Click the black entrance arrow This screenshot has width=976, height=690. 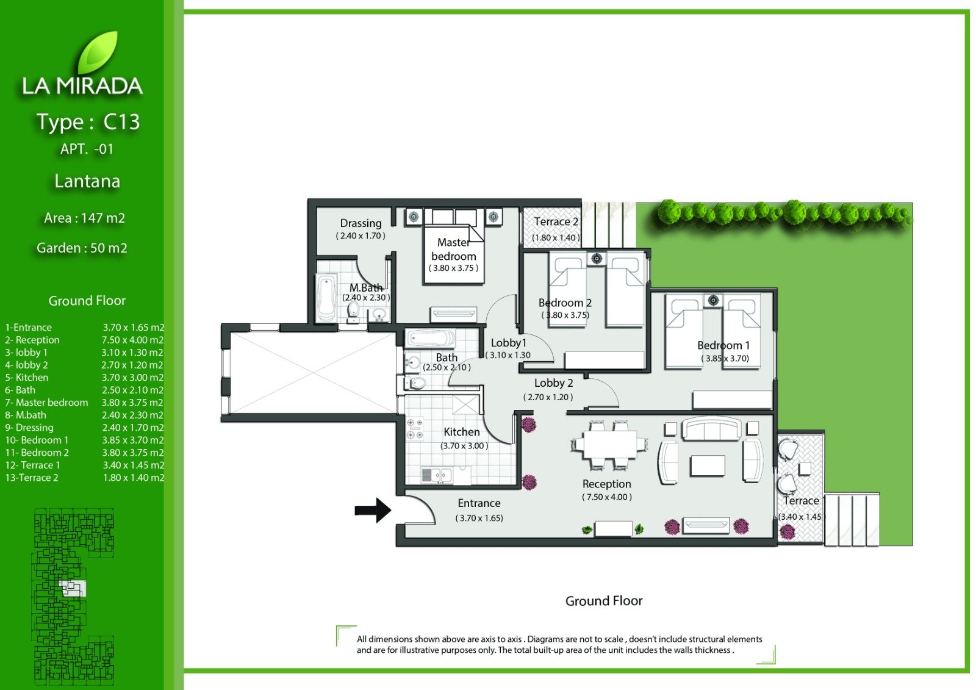tap(373, 510)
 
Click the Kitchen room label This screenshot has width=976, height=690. tap(461, 432)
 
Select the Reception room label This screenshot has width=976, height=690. tap(606, 484)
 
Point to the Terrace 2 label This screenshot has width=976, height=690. tap(556, 222)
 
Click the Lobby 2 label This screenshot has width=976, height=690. tap(553, 383)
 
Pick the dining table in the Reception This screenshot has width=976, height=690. tap(609, 445)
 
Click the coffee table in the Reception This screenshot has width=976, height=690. tap(707, 465)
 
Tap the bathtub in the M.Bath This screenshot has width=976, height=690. tap(326, 298)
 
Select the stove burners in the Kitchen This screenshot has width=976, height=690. tap(414, 428)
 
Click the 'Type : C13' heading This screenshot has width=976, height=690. tap(88, 121)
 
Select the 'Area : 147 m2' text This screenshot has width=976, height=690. tap(85, 218)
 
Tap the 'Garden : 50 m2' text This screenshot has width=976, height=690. tap(82, 248)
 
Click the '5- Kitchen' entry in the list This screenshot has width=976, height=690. tap(27, 378)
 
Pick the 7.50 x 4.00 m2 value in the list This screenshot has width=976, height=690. tap(133, 340)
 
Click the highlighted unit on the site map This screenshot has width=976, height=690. tap(73, 589)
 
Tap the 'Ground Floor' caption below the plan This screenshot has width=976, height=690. tap(604, 601)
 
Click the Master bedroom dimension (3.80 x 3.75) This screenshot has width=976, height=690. tap(454, 268)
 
